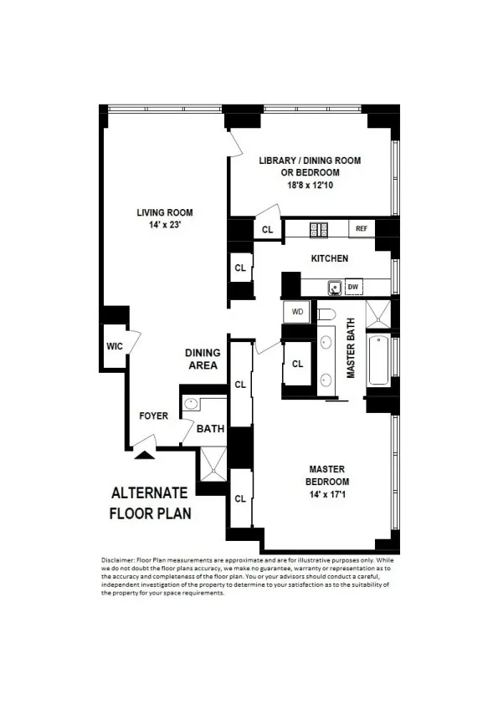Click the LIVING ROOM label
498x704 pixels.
pyautogui.click(x=164, y=212)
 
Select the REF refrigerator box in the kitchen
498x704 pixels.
pyautogui.click(x=362, y=228)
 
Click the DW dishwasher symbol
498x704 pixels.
pyautogui.click(x=353, y=287)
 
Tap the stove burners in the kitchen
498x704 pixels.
pyautogui.click(x=319, y=228)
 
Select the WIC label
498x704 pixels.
pyautogui.click(x=115, y=346)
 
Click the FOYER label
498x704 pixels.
pyautogui.click(x=154, y=416)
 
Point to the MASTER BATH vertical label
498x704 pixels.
pyautogui.click(x=352, y=349)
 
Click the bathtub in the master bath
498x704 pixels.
pyautogui.click(x=378, y=360)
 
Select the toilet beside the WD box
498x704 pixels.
pyautogui.click(x=326, y=314)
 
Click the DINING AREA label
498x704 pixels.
pyautogui.click(x=202, y=360)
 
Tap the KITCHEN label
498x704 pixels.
pyautogui.click(x=330, y=258)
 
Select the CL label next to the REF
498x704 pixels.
pyautogui.click(x=267, y=229)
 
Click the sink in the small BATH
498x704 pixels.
pyautogui.click(x=192, y=404)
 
